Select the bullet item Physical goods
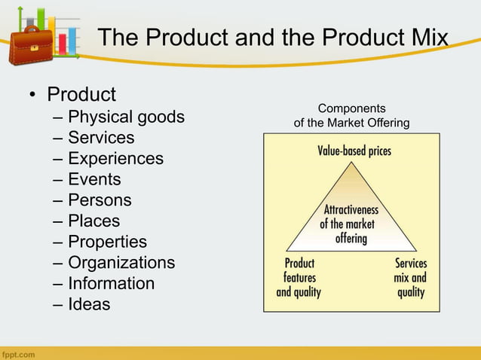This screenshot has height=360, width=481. point(126,117)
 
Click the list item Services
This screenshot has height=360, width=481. point(101,138)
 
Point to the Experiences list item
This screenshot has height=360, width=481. point(115,159)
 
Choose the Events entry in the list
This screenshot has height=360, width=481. point(94,179)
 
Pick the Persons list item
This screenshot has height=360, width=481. point(100,200)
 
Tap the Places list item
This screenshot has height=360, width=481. point(93,221)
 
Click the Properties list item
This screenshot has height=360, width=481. point(107,242)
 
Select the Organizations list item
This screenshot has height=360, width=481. point(121,263)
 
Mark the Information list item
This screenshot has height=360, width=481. point(111,284)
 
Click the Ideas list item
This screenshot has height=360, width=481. point(89,304)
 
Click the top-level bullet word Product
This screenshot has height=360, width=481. point(81,95)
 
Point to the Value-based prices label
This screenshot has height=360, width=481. point(354,151)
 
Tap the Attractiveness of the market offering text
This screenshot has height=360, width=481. point(351,224)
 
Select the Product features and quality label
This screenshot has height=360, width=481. point(299,278)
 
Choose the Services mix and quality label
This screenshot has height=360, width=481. point(411,278)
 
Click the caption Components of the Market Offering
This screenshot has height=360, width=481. point(351,115)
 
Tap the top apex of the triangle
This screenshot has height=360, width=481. point(351,160)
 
